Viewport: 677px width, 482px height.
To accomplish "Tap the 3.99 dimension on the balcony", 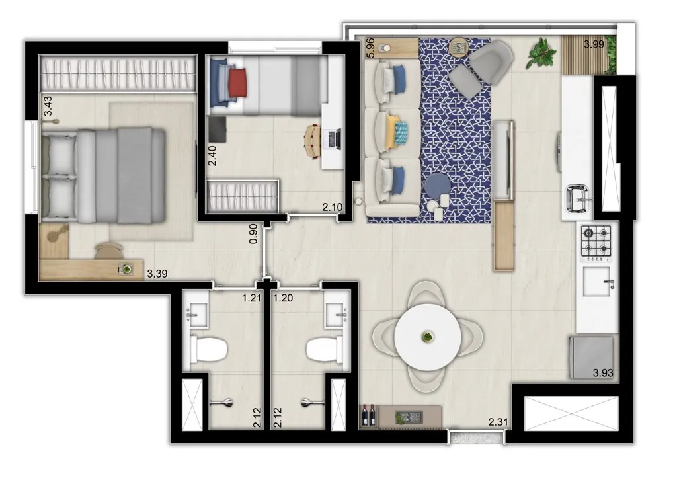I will [x=593, y=45].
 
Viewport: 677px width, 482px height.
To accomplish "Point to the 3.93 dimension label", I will [x=603, y=373].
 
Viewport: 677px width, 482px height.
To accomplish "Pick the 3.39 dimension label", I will [x=157, y=273].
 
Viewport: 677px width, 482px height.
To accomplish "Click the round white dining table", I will [x=428, y=337].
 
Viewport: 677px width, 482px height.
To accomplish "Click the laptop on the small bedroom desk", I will [x=333, y=139].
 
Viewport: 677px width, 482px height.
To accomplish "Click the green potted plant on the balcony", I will [x=542, y=53].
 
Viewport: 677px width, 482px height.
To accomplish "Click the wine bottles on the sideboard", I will [x=368, y=415].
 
